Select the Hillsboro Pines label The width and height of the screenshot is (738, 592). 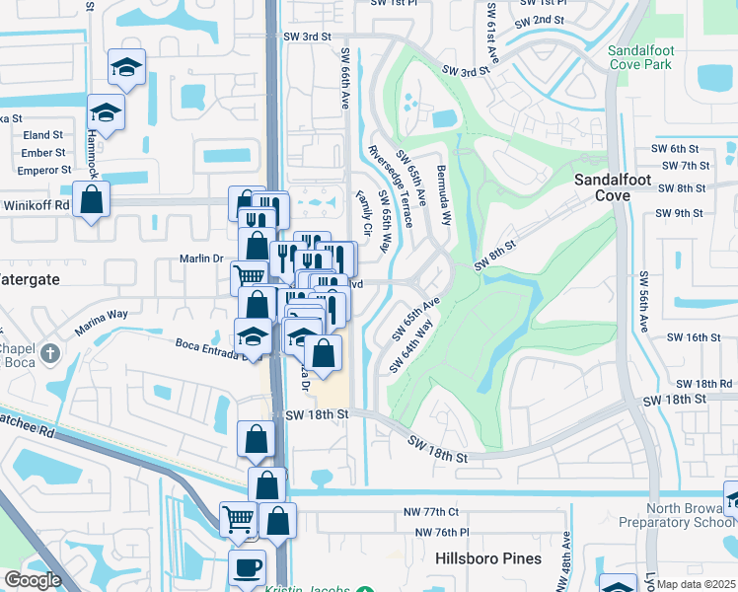487,558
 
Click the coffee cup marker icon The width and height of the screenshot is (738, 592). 247,567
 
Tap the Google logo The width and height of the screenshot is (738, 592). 33,580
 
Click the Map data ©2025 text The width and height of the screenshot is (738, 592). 696,584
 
